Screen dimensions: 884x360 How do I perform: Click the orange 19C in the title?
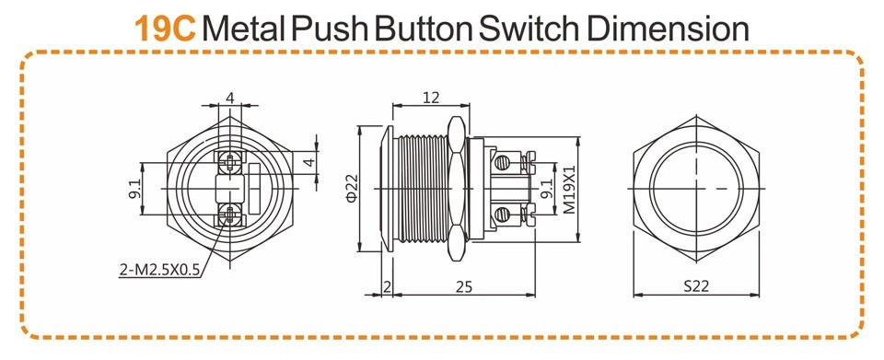click(165, 29)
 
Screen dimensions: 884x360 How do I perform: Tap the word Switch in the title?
click(526, 29)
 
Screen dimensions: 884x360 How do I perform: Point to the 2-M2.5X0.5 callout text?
click(160, 271)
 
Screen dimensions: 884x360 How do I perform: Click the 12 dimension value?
click(431, 98)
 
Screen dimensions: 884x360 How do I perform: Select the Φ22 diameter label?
click(351, 188)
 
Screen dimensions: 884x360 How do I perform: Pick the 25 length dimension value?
click(463, 287)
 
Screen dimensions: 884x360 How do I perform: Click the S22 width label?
click(696, 286)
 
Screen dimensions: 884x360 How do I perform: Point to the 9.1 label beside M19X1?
click(546, 189)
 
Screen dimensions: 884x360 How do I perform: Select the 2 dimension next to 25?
click(387, 287)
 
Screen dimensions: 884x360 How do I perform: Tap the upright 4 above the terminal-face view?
click(230, 98)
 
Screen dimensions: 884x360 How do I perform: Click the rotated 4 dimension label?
click(308, 163)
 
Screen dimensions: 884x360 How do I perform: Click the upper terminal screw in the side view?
click(503, 163)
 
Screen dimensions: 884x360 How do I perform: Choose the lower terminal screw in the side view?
click(503, 215)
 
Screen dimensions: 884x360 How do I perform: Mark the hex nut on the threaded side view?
click(457, 188)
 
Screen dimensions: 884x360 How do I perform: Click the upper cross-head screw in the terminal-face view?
click(230, 163)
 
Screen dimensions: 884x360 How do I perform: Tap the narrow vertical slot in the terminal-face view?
click(253, 188)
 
